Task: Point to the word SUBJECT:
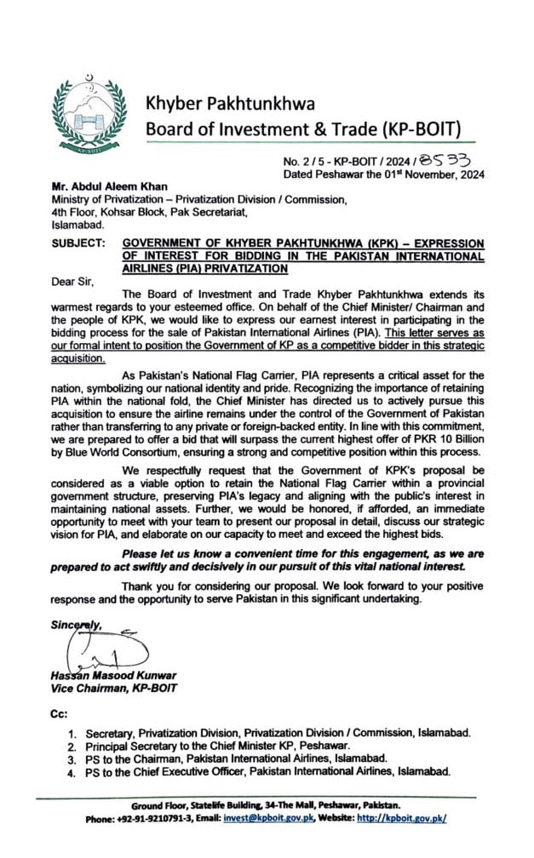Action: (78, 243)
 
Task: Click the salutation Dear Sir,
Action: (74, 278)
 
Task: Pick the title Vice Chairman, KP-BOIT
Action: (113, 689)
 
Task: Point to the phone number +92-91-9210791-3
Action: (161, 818)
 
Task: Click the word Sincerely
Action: (75, 625)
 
